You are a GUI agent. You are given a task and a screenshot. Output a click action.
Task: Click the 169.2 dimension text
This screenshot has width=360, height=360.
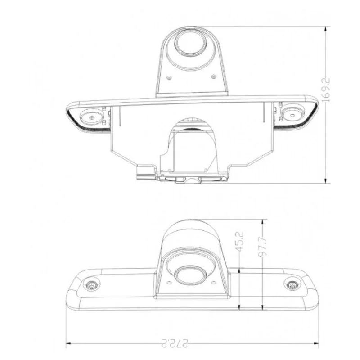pyautogui.click(x=326, y=90)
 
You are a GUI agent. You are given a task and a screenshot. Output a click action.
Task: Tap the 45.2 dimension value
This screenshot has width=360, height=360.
pyautogui.click(x=239, y=242)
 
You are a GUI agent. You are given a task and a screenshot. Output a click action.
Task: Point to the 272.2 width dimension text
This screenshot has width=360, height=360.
pyautogui.click(x=175, y=343)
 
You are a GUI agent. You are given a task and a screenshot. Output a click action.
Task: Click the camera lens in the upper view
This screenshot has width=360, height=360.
pyautogui.click(x=190, y=42)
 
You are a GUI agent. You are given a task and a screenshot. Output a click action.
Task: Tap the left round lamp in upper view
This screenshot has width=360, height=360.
pyautogui.click(x=92, y=118)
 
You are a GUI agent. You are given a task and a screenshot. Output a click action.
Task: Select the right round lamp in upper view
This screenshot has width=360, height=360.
pyautogui.click(x=292, y=115)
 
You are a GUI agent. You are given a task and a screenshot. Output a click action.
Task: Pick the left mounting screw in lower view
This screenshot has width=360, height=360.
pyautogui.click(x=92, y=285)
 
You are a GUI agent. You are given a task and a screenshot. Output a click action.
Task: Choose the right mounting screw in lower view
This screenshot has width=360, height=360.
pyautogui.click(x=292, y=285)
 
